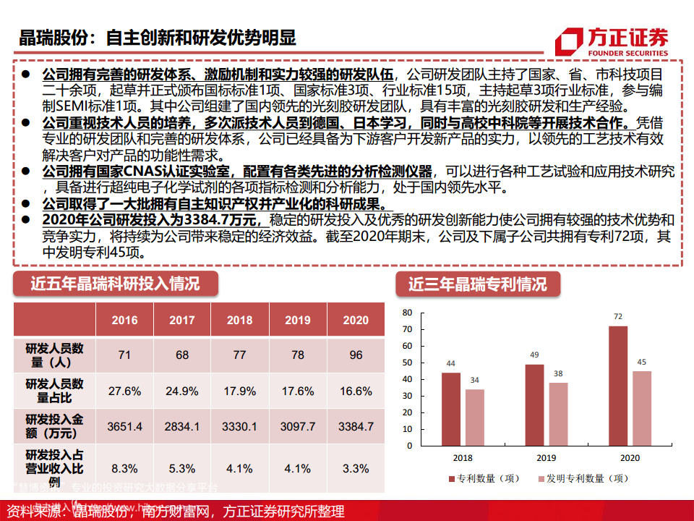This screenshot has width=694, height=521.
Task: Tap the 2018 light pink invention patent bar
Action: (475, 418)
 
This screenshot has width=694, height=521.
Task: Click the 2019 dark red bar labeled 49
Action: (534, 405)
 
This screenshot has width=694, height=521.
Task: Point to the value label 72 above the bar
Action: (618, 317)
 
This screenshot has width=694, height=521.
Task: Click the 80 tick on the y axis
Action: (407, 313)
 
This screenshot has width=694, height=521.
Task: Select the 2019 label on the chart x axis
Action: (546, 458)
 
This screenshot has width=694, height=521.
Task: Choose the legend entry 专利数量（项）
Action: (485, 478)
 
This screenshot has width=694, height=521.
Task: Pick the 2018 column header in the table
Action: (239, 320)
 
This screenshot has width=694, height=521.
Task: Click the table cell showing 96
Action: (356, 355)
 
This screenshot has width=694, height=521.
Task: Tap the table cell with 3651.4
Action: (124, 426)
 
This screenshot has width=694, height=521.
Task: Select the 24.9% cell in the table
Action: (182, 391)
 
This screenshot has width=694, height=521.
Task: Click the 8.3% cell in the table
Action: (124, 468)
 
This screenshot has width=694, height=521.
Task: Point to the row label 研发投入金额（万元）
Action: (55, 426)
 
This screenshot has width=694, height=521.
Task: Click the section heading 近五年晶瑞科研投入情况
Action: (115, 284)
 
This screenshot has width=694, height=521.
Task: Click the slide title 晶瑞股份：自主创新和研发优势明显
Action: (158, 38)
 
